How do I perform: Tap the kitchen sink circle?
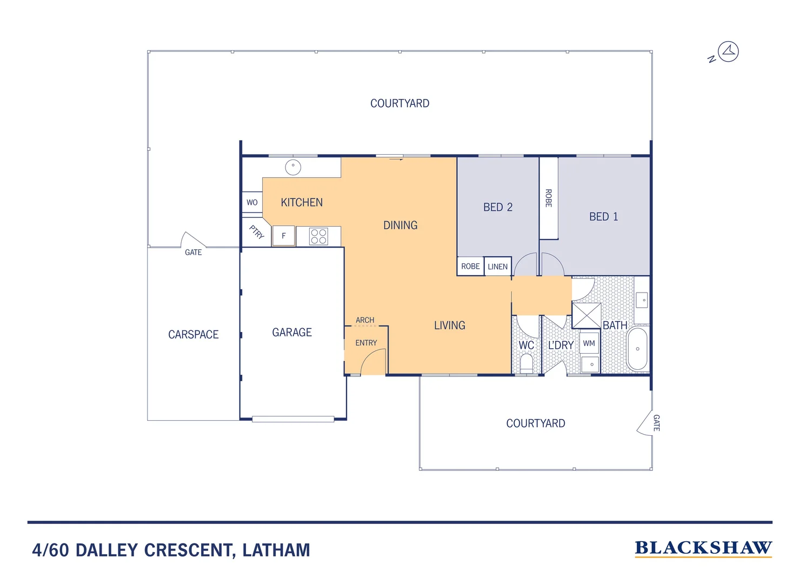(293, 167)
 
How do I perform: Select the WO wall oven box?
(252, 202)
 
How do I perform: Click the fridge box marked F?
(284, 236)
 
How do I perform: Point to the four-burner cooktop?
(318, 236)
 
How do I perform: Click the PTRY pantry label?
(256, 233)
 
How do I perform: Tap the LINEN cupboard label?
(497, 267)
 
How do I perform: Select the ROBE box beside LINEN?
(470, 266)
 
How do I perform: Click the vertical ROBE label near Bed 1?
(548, 198)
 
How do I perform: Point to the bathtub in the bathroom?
(638, 349)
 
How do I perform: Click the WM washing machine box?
(589, 343)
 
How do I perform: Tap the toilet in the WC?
(526, 363)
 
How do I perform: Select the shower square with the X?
(586, 315)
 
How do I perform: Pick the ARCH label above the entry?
(365, 320)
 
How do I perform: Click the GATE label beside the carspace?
(193, 252)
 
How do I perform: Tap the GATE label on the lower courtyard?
(656, 423)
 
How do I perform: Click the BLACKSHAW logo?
(703, 548)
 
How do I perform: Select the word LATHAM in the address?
(276, 550)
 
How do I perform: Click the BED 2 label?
(498, 207)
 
